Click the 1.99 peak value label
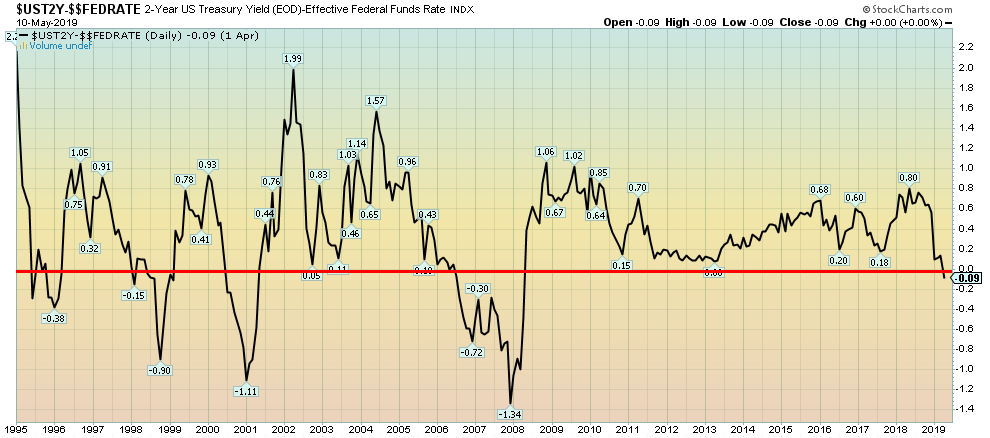tap(293, 59)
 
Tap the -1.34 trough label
tap(511, 413)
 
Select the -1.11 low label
tap(246, 391)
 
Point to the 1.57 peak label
tap(376, 101)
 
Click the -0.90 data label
tap(160, 371)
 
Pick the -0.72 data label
tap(472, 352)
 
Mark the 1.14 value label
tap(357, 143)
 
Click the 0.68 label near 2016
tap(819, 190)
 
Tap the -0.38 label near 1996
tap(54, 318)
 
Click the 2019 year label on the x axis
tap(930, 428)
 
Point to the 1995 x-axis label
tap(17, 428)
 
